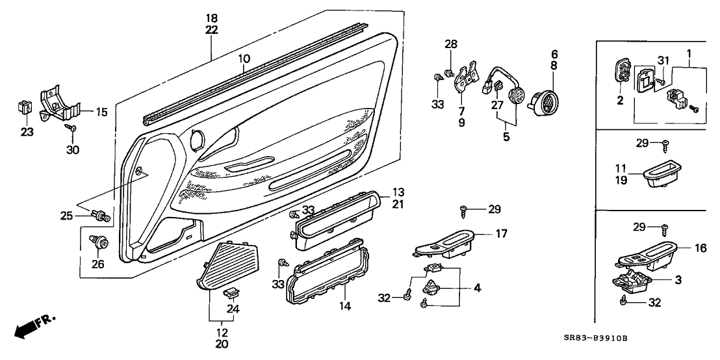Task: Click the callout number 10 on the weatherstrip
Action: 244,59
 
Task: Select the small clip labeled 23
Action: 26,104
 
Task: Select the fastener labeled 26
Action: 100,243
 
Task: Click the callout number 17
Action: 501,234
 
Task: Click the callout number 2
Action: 619,100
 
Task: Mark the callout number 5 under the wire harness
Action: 506,137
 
